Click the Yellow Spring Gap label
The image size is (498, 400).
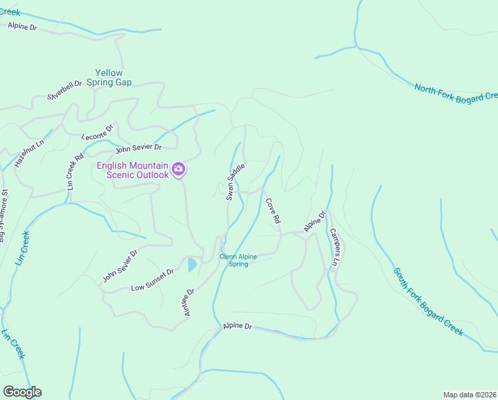[x=113, y=77]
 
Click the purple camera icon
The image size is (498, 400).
[x=178, y=169]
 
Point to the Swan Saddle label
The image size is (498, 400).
[x=236, y=181]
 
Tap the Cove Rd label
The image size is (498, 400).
[x=273, y=210]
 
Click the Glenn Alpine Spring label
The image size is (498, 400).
[x=238, y=260]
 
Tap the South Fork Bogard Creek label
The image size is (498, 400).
[x=428, y=303]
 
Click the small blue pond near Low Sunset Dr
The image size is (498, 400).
[x=192, y=265]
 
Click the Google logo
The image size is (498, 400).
[x=22, y=392]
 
